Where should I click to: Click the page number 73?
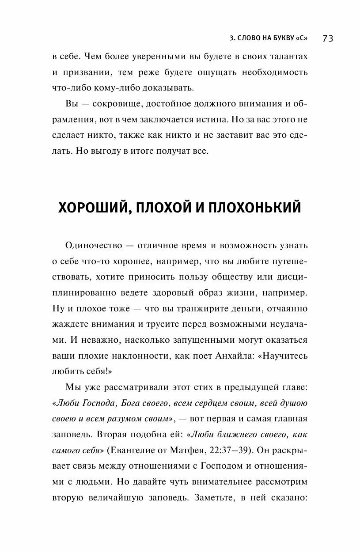click(328, 38)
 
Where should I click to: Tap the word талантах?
click(287, 57)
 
